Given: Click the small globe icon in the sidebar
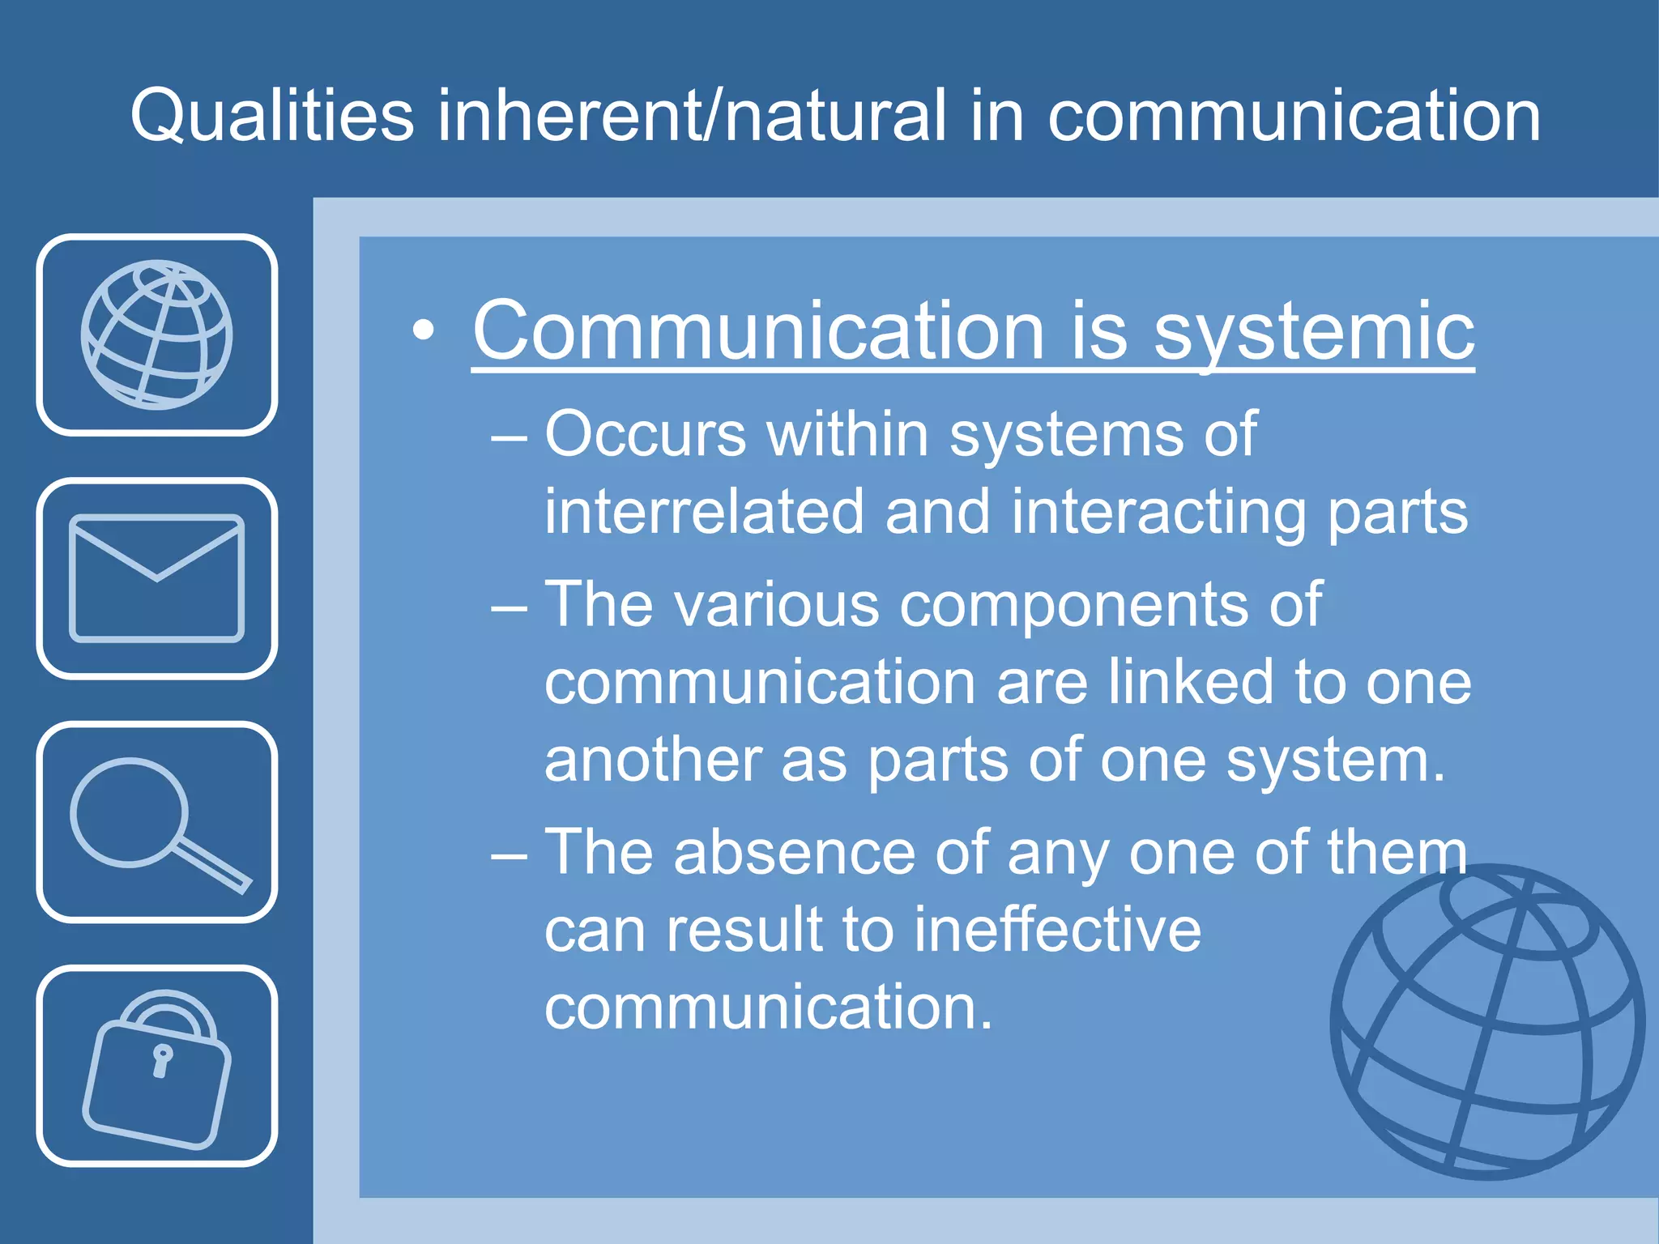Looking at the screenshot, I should [x=156, y=334].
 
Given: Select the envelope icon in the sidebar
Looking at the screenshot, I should [x=156, y=578].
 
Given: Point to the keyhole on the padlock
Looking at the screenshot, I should [x=162, y=1059].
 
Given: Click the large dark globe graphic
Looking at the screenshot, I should [x=1489, y=1022].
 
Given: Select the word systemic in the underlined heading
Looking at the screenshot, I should [x=1313, y=331].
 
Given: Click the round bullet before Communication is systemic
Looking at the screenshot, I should [x=423, y=330].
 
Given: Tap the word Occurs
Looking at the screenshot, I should [x=645, y=435].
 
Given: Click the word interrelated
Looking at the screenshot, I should [x=704, y=512].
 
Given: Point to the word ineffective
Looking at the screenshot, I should [x=1057, y=929].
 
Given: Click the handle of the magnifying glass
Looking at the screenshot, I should [x=213, y=867].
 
